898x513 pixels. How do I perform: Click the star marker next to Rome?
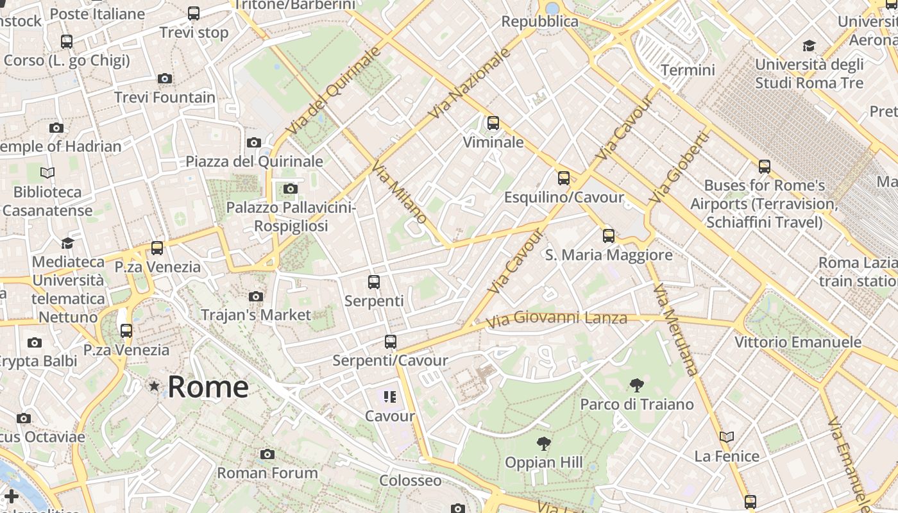click(x=154, y=386)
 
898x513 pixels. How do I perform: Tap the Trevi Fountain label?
click(x=165, y=97)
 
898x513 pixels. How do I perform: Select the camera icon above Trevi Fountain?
click(x=165, y=79)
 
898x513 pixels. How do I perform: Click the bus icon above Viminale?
click(x=493, y=123)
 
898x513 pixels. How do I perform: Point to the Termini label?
click(x=688, y=70)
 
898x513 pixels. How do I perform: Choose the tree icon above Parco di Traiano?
click(x=636, y=385)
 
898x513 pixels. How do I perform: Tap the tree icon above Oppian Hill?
click(x=543, y=443)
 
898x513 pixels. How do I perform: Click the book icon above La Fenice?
click(x=726, y=437)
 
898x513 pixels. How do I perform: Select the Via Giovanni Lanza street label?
click(x=556, y=319)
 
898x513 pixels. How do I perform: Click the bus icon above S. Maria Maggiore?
click(x=609, y=236)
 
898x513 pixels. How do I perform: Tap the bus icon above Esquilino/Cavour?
click(x=564, y=178)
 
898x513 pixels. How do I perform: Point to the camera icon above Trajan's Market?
click(x=256, y=296)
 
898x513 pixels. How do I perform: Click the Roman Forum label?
click(x=267, y=473)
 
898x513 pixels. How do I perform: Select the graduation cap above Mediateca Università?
click(x=67, y=243)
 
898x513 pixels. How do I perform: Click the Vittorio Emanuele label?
click(x=797, y=342)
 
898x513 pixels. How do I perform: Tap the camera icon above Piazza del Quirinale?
click(x=254, y=142)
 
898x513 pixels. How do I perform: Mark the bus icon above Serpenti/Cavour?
click(x=390, y=342)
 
